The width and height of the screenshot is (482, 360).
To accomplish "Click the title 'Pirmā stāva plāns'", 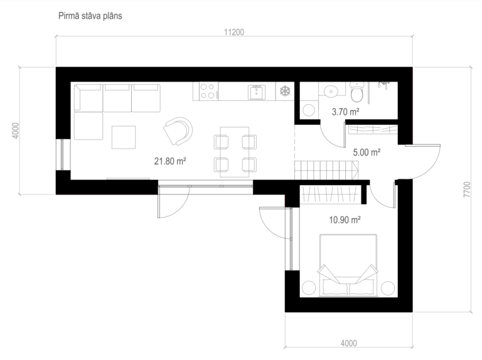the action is [90, 16].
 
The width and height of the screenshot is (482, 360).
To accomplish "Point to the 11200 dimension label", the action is [234, 32].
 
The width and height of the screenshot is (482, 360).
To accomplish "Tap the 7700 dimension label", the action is [467, 189].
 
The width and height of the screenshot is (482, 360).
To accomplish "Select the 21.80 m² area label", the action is [170, 161].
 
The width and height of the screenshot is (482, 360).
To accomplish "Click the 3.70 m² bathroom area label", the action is [346, 112].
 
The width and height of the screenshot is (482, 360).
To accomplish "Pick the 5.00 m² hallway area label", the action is [367, 152].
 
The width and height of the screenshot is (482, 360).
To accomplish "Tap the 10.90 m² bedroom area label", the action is [345, 220].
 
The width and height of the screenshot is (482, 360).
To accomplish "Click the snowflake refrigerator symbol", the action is [285, 91].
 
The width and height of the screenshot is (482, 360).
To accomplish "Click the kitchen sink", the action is [257, 92].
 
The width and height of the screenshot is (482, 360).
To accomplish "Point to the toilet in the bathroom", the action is [357, 92].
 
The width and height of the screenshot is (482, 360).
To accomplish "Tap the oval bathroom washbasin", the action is [331, 91].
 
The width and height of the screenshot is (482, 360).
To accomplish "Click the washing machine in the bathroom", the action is [309, 110].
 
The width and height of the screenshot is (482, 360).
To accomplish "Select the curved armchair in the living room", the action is [178, 131].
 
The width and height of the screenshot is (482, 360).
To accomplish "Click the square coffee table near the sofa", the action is [124, 137].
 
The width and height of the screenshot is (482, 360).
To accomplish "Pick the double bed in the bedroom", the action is [348, 265].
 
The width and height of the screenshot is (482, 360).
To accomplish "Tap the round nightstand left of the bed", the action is [309, 288].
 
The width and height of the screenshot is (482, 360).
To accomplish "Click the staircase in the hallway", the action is [326, 170].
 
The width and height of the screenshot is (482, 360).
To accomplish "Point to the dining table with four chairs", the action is [235, 152].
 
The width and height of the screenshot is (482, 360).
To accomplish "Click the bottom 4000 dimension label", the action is [349, 344].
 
